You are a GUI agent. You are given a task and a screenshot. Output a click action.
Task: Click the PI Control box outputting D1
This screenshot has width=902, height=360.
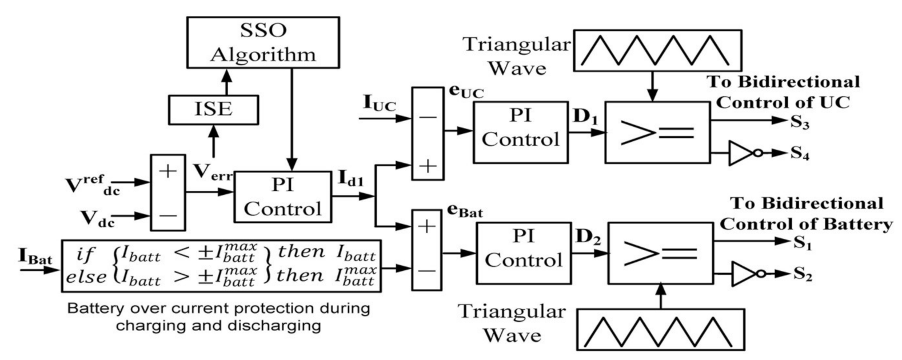point(520,132)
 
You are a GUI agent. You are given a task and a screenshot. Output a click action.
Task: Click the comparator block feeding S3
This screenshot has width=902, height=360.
point(657,133)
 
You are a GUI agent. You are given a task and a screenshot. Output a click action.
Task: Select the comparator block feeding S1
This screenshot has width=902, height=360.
point(660,253)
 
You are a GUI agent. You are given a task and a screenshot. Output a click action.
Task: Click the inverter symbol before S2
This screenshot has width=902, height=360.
point(744,274)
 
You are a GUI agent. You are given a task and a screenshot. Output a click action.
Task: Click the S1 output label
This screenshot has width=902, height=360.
point(803,242)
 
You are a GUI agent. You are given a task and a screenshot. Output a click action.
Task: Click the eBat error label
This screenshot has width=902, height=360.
point(465,213)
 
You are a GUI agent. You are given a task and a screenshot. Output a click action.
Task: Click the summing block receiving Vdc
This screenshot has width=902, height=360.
point(168,193)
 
